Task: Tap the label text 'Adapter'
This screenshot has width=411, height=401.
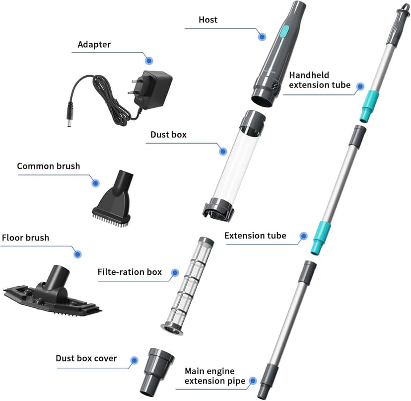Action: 95,45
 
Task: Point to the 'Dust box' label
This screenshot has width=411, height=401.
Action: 168,135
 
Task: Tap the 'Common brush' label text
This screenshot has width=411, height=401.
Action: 48,166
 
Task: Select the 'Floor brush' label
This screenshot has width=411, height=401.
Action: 25,238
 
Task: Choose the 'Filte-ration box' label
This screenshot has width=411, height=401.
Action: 130,272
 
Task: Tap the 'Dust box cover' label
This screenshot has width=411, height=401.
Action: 86,358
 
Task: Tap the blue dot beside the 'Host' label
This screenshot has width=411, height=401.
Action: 262,36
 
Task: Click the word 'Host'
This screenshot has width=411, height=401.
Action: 208,20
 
